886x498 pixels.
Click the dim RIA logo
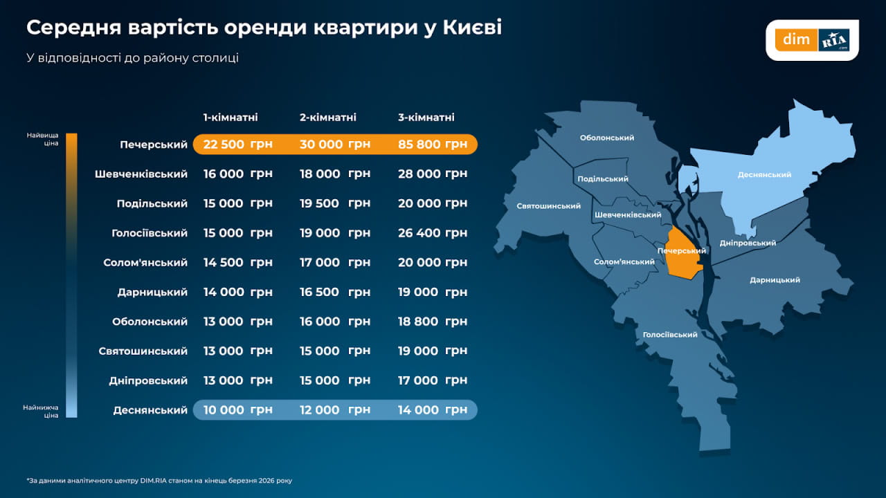tap(812, 39)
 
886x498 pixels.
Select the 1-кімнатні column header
tap(231, 118)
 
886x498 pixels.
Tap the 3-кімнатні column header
tap(426, 118)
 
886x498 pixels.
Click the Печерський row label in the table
tap(153, 145)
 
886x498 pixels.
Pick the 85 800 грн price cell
tap(433, 145)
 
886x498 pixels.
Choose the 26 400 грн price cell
tap(433, 233)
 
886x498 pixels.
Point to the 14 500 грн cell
tap(237, 263)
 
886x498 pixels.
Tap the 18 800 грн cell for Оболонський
tap(433, 322)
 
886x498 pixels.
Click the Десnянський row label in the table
tap(150, 410)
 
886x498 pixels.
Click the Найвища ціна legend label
tap(42, 139)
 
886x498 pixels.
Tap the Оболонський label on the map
tap(607, 138)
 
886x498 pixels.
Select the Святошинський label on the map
tap(548, 206)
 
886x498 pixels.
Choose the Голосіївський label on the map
tap(670, 335)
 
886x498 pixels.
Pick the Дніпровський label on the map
tap(748, 243)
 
